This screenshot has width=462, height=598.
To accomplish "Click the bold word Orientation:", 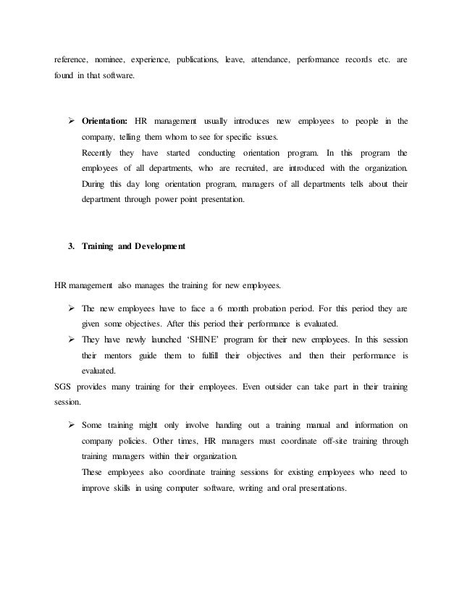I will tap(104, 120).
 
